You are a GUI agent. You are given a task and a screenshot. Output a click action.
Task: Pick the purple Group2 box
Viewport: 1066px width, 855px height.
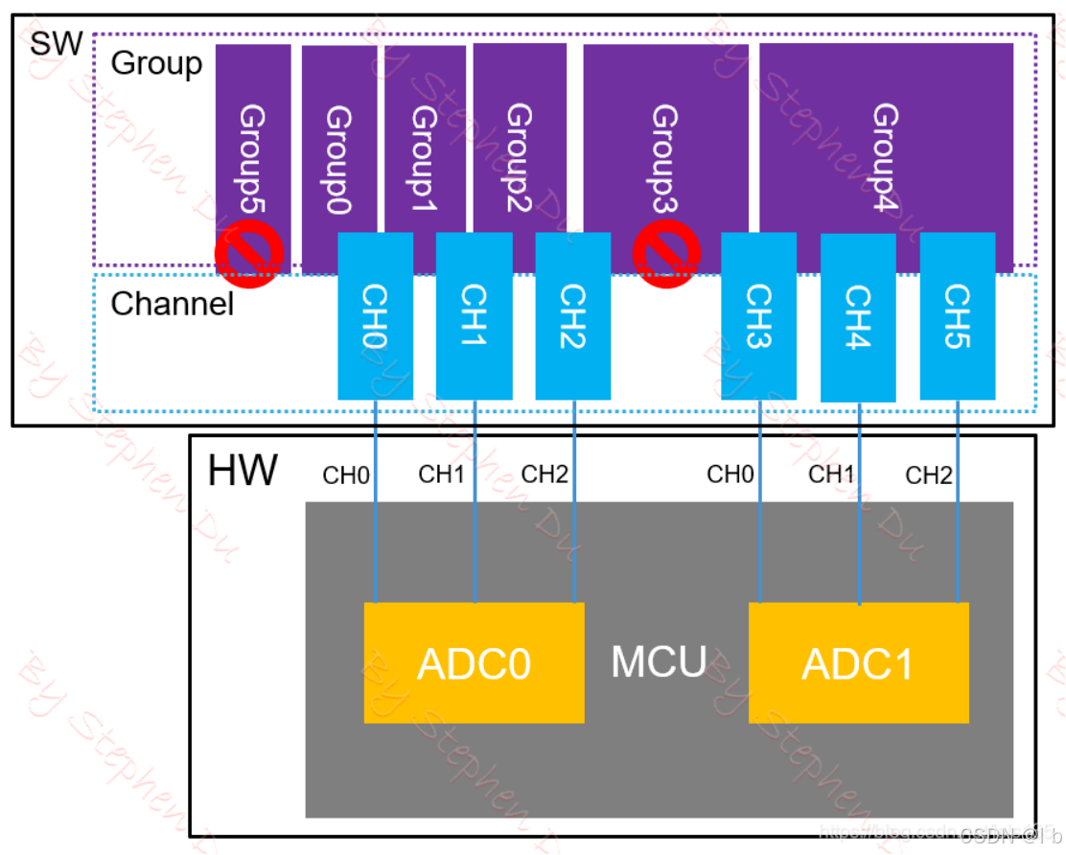coord(519,134)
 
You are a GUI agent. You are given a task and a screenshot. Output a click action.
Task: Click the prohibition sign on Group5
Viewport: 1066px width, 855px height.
coord(249,255)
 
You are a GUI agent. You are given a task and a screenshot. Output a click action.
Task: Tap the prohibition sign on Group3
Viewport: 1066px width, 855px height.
coord(666,253)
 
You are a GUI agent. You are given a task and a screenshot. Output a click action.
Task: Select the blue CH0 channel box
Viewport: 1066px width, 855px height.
coord(375,316)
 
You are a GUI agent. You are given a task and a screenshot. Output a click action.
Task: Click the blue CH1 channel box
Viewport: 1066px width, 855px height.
coord(474,316)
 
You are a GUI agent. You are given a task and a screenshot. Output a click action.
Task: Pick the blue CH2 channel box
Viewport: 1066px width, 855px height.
coord(572,316)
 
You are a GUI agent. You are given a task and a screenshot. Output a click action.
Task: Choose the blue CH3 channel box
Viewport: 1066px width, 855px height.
coord(758,316)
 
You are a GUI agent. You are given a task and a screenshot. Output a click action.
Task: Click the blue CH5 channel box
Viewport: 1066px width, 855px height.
coord(957,316)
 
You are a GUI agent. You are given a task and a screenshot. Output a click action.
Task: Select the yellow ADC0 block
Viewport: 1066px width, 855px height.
coord(474,663)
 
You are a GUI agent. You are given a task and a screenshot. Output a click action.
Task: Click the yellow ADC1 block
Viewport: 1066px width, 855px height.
coord(858,663)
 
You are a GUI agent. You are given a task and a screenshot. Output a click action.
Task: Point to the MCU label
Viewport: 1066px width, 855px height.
coord(659,662)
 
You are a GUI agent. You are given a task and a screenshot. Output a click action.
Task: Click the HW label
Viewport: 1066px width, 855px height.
coord(243,472)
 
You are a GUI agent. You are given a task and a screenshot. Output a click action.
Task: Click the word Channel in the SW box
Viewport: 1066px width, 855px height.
coord(172,304)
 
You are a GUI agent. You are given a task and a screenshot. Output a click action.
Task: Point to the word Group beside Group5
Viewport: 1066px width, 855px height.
coord(157,63)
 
